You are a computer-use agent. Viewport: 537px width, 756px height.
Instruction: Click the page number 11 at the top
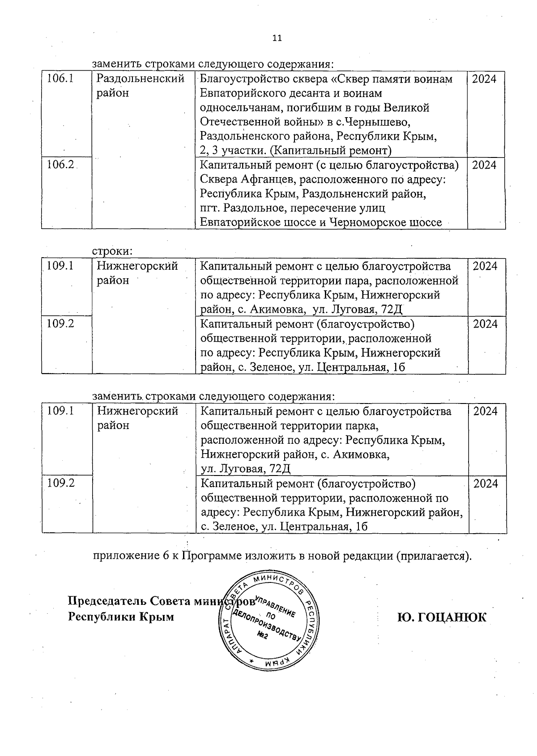click(277, 38)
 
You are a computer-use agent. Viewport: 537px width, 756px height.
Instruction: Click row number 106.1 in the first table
click(60, 79)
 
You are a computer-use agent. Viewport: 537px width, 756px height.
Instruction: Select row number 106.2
click(60, 165)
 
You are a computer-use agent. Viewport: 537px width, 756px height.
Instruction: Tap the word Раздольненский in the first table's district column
click(141, 79)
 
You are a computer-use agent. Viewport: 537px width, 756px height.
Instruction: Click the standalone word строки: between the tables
click(113, 251)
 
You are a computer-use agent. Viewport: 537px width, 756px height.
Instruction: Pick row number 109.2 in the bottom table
click(60, 483)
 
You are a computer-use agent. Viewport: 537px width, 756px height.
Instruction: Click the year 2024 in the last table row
click(486, 484)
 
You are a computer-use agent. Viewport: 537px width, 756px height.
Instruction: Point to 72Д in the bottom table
click(281, 469)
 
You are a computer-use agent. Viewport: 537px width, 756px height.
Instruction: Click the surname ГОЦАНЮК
click(441, 617)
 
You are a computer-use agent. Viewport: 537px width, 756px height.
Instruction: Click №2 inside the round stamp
click(262, 636)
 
